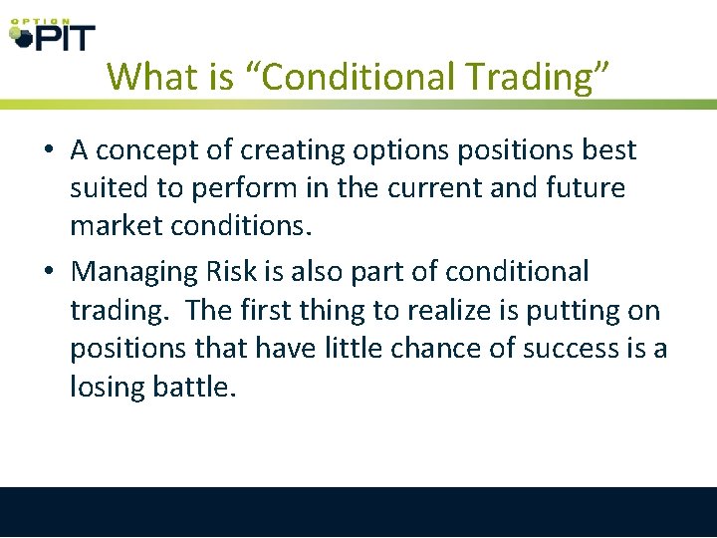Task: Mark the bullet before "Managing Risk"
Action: pos(48,272)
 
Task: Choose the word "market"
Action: pos(113,226)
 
